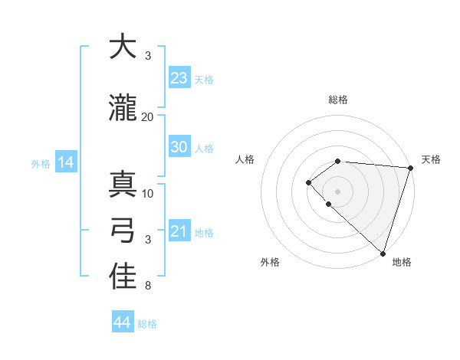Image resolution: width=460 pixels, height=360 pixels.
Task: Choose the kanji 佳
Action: click(123, 277)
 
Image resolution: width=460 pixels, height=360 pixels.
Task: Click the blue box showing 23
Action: click(179, 78)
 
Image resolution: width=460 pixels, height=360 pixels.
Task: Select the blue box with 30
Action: click(179, 147)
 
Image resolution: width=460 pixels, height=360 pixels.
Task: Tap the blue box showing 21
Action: click(179, 231)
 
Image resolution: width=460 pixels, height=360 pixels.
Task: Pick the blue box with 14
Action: click(65, 162)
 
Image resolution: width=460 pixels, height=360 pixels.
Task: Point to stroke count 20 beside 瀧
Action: click(148, 116)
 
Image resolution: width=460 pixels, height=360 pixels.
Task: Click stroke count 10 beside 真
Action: click(148, 193)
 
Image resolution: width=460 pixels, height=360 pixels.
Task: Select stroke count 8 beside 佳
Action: click(148, 286)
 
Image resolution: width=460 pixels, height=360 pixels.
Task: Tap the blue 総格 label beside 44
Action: click(147, 324)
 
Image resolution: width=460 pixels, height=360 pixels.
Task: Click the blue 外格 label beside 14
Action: click(41, 163)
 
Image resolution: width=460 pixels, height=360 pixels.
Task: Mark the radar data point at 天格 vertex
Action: click(410, 168)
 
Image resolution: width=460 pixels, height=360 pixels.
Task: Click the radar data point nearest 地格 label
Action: click(383, 253)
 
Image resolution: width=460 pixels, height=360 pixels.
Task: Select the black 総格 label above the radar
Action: click(338, 100)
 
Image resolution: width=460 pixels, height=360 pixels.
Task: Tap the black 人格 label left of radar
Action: click(245, 159)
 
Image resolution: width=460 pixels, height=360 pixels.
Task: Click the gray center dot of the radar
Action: click(337, 191)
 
